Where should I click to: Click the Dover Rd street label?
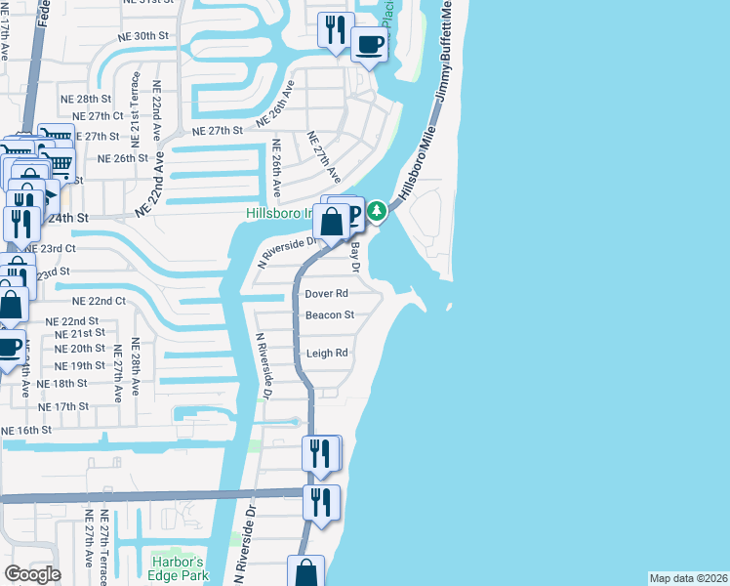coord(326,293)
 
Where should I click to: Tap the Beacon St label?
coord(329,315)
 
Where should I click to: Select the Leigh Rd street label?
coord(327,354)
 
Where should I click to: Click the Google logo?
coord(32,574)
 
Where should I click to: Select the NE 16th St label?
coord(26,431)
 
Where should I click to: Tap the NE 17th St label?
coord(64,406)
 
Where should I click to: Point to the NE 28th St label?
coord(86,100)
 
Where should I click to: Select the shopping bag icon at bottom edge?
coord(305,572)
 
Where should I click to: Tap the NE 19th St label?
coord(80,365)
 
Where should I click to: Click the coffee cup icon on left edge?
coord(9,347)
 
